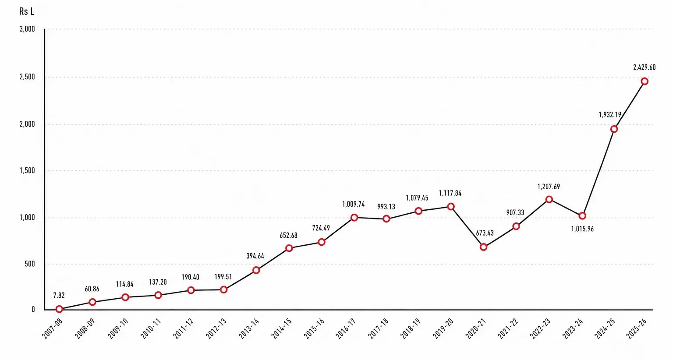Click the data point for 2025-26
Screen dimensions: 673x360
[x=645, y=81]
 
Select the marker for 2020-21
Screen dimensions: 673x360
[x=483, y=247]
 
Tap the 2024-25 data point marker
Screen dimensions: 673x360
[x=614, y=129]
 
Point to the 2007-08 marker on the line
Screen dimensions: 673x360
[x=59, y=309]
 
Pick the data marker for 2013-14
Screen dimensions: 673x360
[x=256, y=270]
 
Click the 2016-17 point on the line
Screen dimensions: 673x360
[x=354, y=217]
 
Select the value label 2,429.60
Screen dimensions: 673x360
[x=645, y=67]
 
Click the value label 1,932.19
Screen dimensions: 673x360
[x=610, y=115]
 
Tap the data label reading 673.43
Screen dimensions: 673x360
[x=485, y=233]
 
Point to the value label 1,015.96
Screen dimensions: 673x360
[x=582, y=229]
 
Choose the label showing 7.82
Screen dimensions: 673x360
[x=59, y=296]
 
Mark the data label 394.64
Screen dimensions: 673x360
[x=255, y=256]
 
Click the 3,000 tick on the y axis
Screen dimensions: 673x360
[x=27, y=29]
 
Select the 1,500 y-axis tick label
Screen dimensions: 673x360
[x=27, y=170]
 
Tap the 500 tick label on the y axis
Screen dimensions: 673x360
[x=30, y=264]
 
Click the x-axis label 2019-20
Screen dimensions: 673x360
[x=443, y=328]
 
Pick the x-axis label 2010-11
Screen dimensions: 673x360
[x=151, y=328]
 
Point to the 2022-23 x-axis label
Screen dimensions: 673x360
[x=540, y=328]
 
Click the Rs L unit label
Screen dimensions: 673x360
[x=27, y=11]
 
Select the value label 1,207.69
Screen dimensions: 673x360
[x=549, y=187]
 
